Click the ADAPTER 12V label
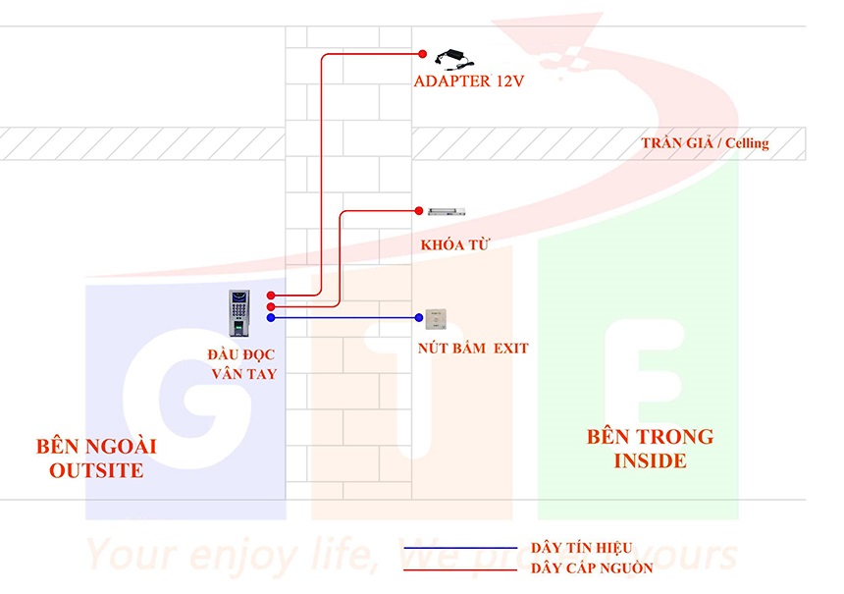coord(468,81)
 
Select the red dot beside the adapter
coord(423,54)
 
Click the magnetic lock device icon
coord(447,210)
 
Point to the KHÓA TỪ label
coord(454,243)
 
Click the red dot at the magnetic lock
coord(418,210)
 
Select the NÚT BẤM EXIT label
coord(473,348)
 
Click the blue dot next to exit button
coord(418,317)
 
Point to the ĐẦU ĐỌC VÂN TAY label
coord(242,363)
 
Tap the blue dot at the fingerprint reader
coord(271,317)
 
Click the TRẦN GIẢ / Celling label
coord(705,143)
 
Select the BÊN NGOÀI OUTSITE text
coord(96,459)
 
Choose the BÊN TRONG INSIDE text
coord(650,449)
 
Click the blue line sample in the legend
coord(459,548)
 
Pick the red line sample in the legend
coord(459,568)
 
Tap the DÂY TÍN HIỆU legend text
coord(581,548)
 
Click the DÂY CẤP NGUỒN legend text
coord(588,568)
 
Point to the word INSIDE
coord(650,461)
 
